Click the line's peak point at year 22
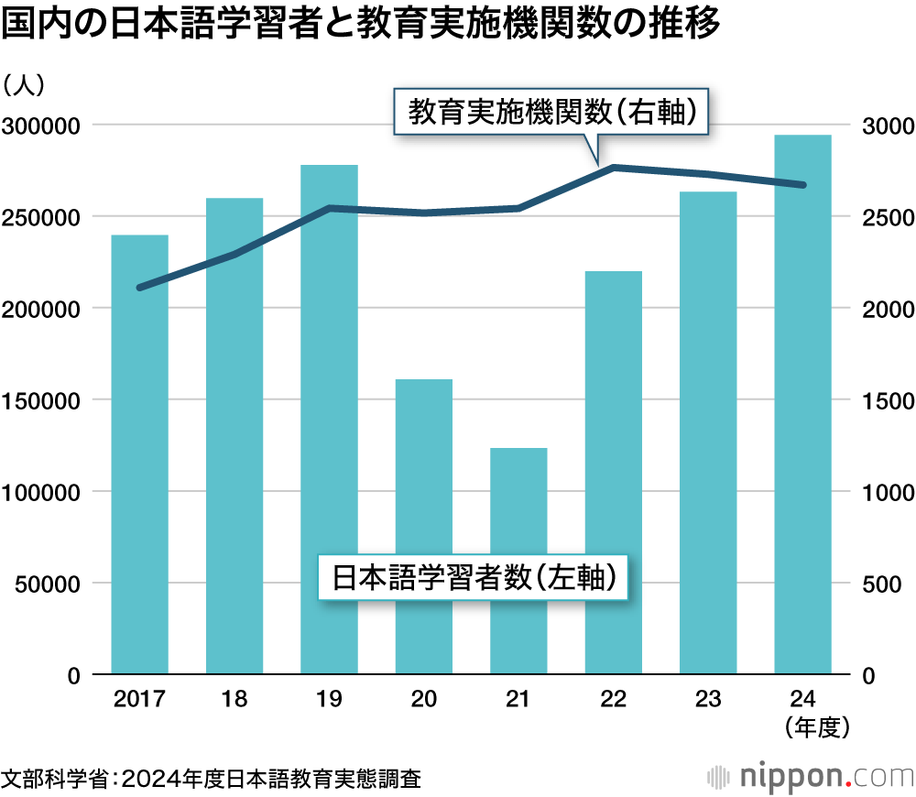pos(613,167)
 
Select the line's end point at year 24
pos(802,185)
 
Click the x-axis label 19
pos(329,700)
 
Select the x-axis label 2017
pos(139,700)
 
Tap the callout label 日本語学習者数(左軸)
pos(473,577)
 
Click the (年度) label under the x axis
pos(818,728)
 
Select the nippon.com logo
pos(811,777)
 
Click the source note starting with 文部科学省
pos(211,779)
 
